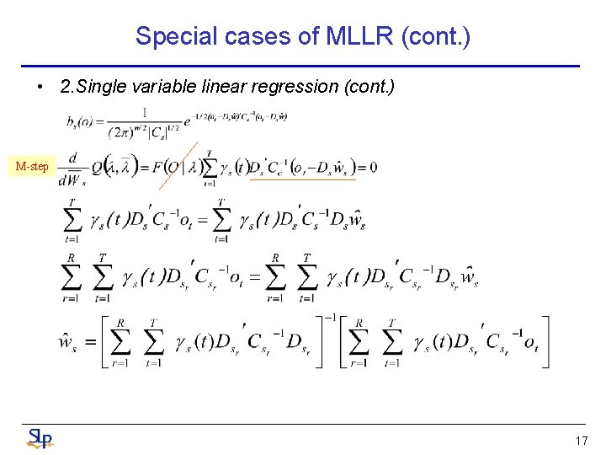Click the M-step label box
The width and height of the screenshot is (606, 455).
(32, 166)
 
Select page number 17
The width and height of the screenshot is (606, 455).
(581, 441)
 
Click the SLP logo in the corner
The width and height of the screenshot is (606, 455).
(39, 438)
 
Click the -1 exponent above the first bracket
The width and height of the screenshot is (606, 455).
(331, 318)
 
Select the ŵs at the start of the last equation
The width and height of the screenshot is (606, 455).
(66, 342)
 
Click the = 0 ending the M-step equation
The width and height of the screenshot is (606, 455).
(366, 167)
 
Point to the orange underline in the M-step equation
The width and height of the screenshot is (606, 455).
(303, 179)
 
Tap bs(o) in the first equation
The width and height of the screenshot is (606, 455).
(81, 122)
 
